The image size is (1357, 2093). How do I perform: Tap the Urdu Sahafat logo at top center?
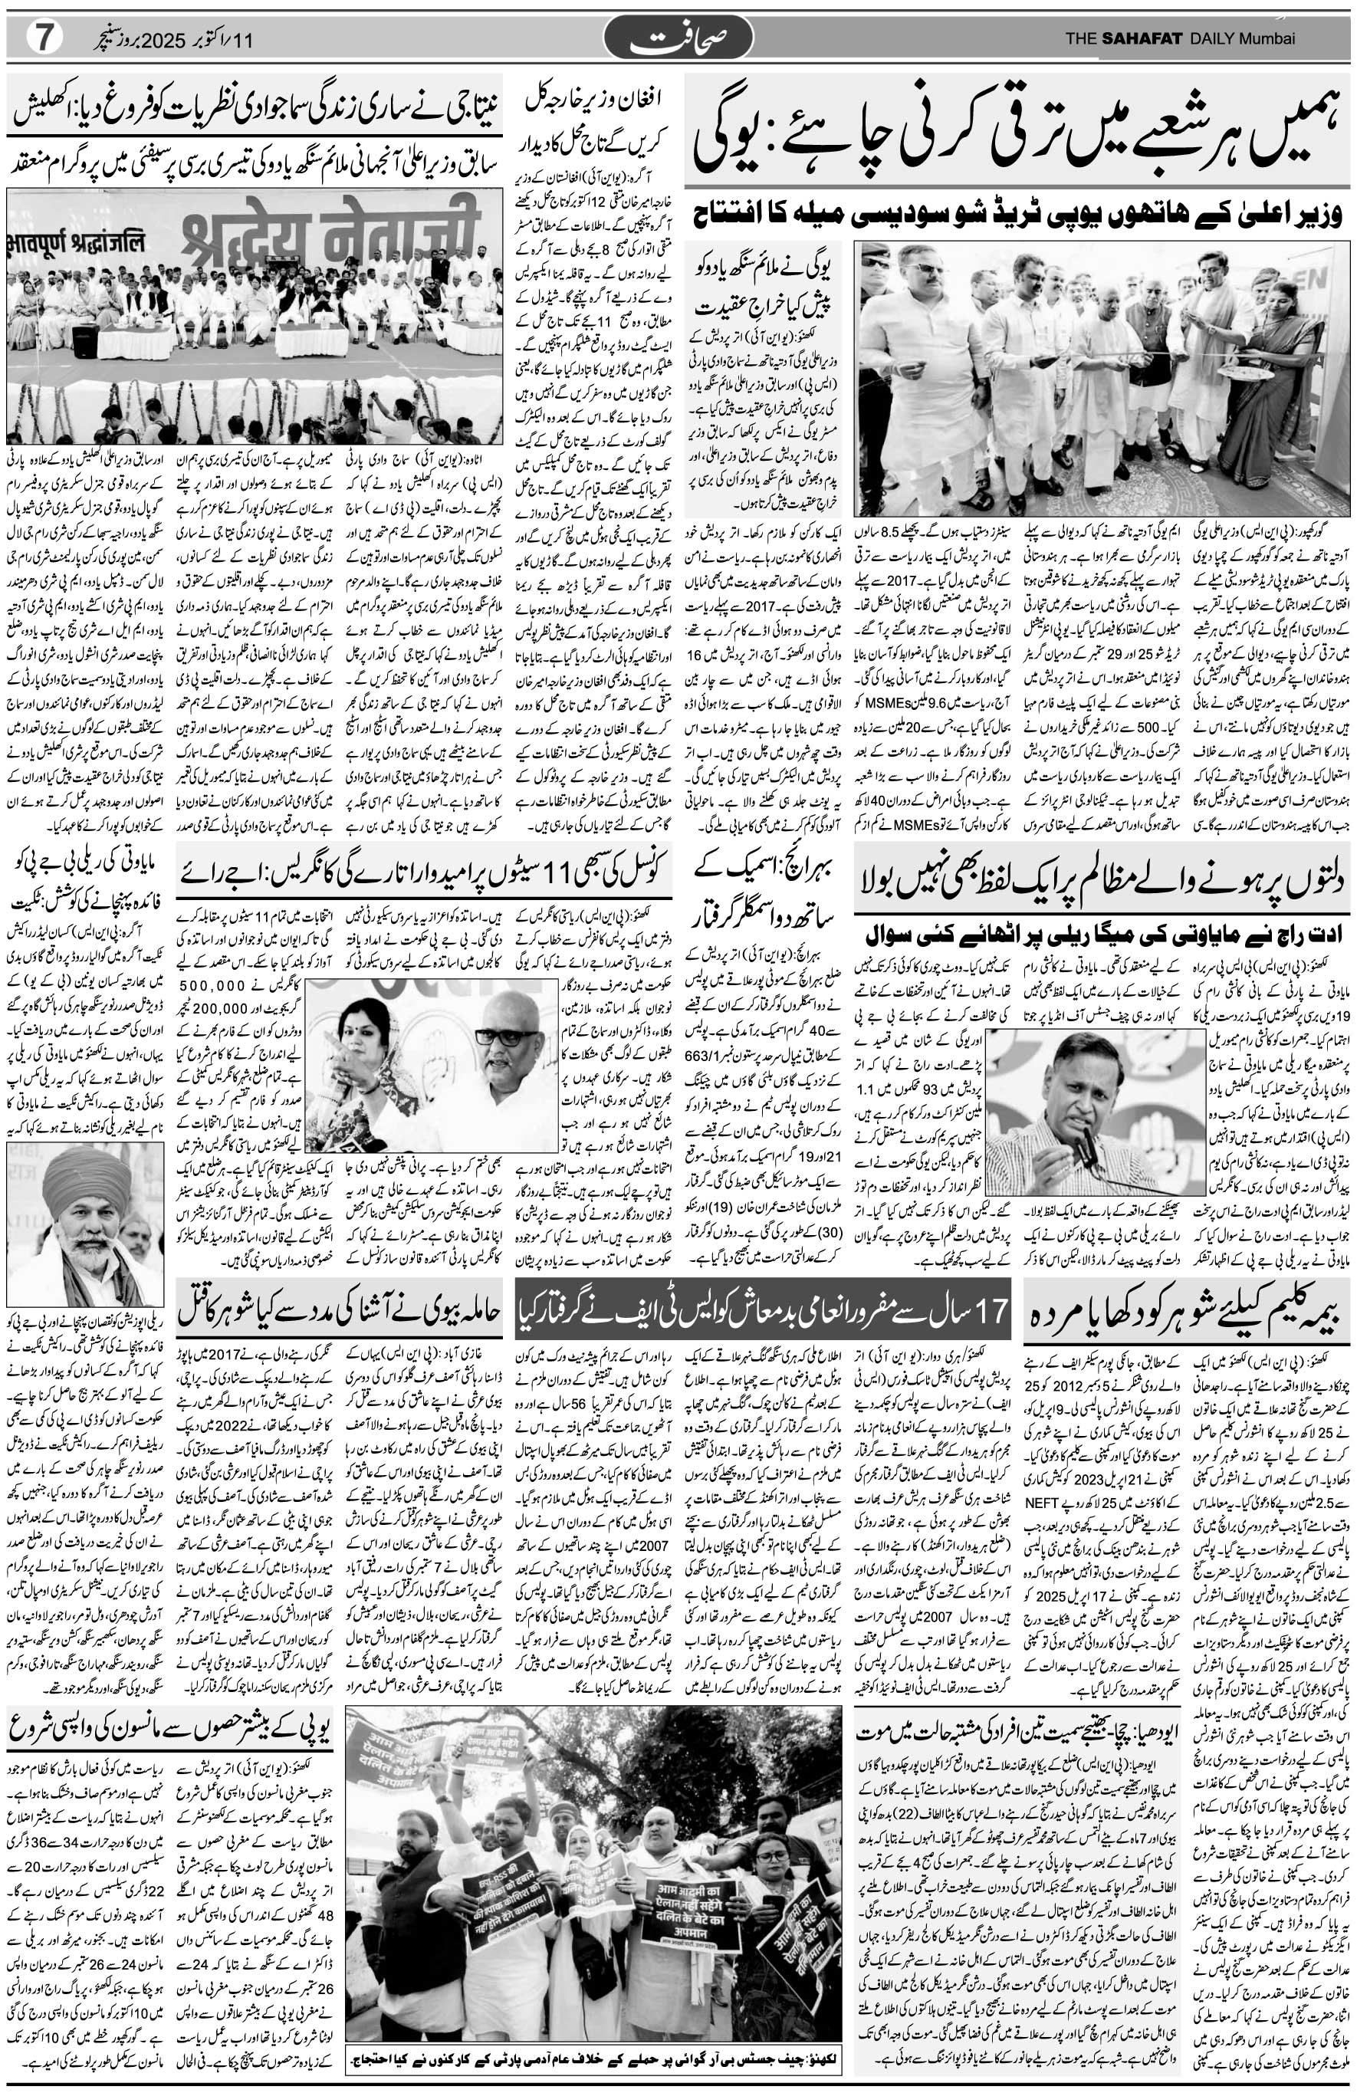click(678, 38)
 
